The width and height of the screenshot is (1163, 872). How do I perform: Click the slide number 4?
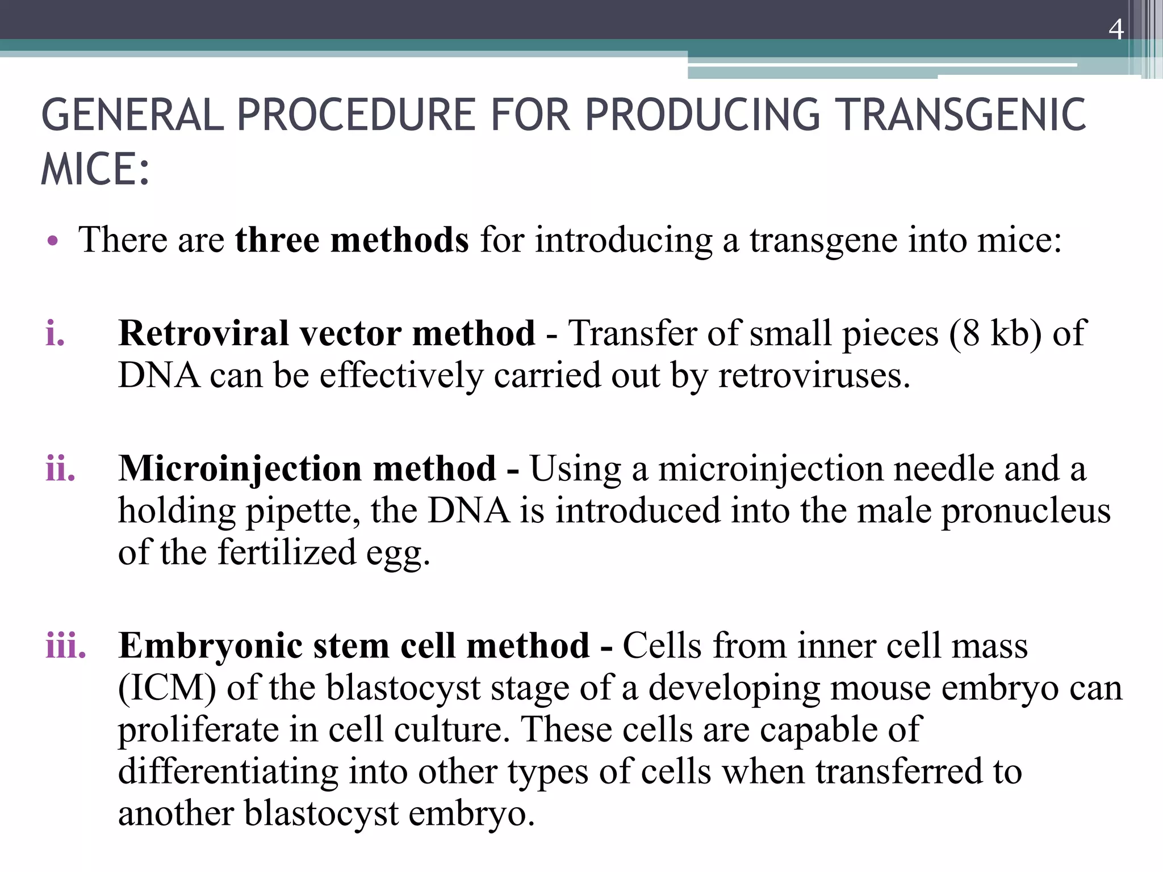tap(1116, 30)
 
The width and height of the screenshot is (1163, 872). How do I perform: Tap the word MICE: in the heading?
tap(95, 170)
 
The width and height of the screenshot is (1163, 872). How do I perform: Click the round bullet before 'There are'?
tap(53, 241)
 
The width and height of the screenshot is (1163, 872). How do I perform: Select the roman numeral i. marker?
tap(55, 333)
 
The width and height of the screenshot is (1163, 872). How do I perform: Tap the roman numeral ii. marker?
tap(60, 469)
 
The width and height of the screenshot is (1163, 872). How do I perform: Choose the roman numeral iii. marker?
tap(66, 647)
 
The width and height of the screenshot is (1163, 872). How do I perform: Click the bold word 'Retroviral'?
tap(204, 333)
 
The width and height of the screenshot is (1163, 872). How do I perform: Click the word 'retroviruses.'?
tap(814, 376)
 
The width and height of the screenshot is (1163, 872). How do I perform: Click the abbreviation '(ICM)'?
tap(167, 689)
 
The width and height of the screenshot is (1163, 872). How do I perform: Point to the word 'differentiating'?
tap(228, 772)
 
